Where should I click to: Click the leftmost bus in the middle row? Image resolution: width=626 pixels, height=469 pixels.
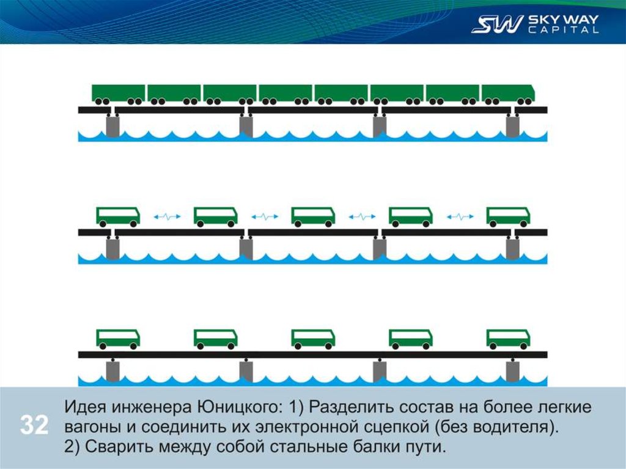click(x=118, y=216)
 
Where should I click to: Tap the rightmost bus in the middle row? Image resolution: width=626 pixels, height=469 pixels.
click(x=508, y=216)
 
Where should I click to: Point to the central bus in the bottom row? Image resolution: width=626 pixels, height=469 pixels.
click(x=313, y=338)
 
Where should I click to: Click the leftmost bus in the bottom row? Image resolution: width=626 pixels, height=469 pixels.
click(x=118, y=338)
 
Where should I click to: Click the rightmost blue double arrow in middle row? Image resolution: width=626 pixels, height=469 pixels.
click(x=459, y=216)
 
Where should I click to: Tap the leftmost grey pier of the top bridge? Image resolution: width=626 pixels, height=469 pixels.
click(x=113, y=127)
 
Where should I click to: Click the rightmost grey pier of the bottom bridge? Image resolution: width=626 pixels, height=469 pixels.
click(x=512, y=371)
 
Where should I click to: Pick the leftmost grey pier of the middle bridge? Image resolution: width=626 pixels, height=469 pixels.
click(x=113, y=248)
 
